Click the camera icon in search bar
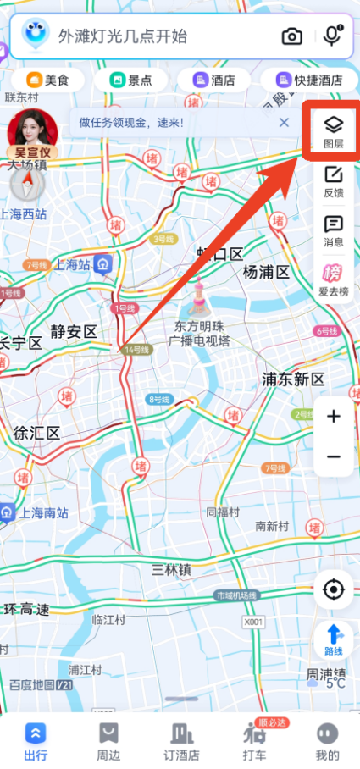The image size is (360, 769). [292, 36]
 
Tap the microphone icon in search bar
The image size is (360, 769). [332, 36]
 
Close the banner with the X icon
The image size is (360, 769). [284, 123]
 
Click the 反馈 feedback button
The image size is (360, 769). [334, 181]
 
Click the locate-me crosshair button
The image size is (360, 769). [334, 589]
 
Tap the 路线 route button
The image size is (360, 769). [334, 639]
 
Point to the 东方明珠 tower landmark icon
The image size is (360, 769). [201, 296]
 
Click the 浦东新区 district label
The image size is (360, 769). [293, 379]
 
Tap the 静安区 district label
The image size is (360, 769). [74, 331]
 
